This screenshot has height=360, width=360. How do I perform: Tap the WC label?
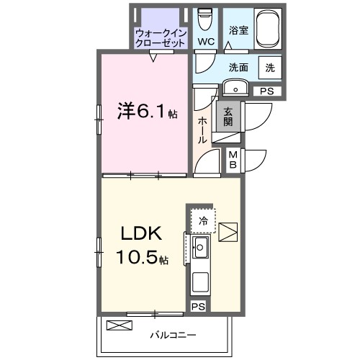point(206,42)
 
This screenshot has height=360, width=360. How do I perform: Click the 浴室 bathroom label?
point(238,31)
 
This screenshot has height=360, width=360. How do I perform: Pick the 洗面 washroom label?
point(238,68)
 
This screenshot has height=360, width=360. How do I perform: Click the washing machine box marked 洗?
point(269,68)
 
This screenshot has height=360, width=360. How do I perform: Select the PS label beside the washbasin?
point(266,91)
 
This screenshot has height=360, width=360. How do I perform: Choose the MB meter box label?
point(234,158)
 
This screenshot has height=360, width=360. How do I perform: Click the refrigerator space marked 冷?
point(204,221)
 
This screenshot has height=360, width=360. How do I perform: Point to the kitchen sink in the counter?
point(199,250)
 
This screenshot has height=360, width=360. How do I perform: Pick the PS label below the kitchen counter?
point(197,307)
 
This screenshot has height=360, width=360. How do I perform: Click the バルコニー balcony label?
point(173,334)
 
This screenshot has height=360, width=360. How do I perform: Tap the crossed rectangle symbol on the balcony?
point(120,325)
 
